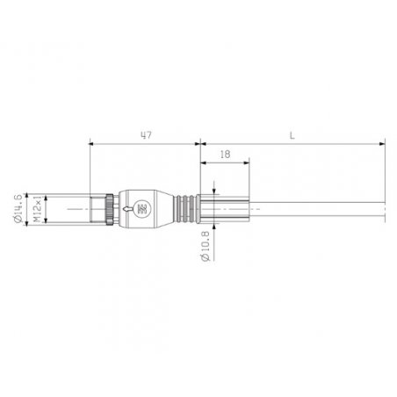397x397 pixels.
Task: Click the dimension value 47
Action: point(146,135)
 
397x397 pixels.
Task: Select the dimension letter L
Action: point(292,135)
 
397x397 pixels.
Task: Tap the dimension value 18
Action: point(225,155)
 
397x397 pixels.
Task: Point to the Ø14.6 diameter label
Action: point(18,208)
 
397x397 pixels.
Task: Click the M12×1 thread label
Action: point(37,209)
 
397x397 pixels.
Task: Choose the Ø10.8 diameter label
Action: point(206,246)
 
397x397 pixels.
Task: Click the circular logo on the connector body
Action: point(142,209)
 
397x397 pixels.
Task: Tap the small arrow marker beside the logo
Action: point(127,209)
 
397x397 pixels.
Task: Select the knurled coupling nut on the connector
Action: point(110,209)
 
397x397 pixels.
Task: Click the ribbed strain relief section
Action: point(184,209)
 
